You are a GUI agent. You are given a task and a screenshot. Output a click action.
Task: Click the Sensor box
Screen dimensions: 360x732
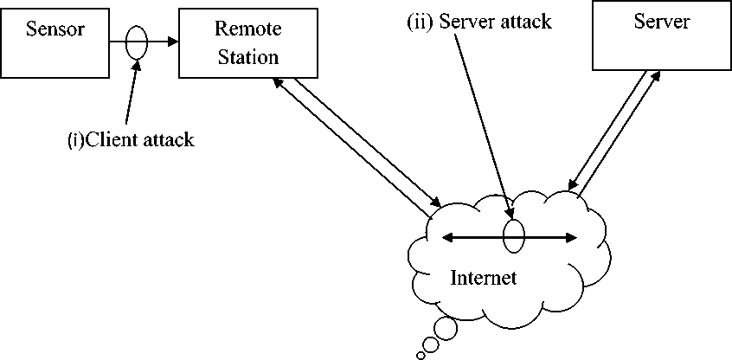(x=55, y=41)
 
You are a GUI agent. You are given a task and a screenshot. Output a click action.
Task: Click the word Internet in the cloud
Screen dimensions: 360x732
(x=484, y=278)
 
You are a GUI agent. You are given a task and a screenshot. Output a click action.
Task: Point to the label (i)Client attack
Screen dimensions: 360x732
(x=131, y=138)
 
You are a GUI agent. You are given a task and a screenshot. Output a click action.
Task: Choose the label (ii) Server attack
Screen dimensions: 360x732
(x=479, y=22)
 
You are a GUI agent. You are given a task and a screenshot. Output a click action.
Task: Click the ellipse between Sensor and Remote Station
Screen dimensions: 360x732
(x=136, y=42)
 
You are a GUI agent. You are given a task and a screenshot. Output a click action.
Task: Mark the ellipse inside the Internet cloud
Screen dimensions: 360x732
(x=513, y=236)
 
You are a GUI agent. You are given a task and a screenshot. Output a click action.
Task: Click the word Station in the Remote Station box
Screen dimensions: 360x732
(x=247, y=58)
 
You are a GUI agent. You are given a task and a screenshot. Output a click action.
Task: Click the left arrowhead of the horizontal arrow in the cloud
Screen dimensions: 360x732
(x=446, y=236)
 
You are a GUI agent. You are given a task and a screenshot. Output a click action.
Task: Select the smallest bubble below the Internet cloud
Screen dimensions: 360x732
(x=421, y=353)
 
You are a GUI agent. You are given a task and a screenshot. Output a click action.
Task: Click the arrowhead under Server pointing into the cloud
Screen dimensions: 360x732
(x=572, y=183)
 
